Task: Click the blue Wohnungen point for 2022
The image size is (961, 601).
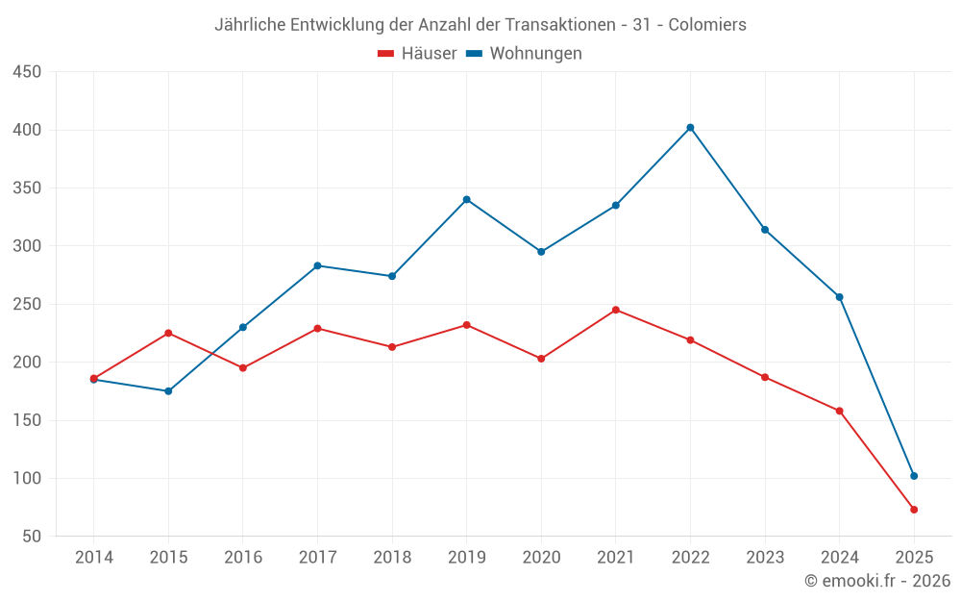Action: (x=690, y=127)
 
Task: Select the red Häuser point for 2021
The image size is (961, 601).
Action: (x=616, y=310)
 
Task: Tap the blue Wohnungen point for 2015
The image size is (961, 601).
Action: (x=168, y=391)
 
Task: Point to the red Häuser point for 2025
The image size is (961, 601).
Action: (x=914, y=510)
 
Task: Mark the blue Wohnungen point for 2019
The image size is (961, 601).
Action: (x=467, y=199)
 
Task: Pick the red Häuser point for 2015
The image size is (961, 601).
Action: (x=168, y=333)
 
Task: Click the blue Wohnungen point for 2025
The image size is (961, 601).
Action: (x=914, y=476)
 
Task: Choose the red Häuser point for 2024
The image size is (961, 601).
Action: (x=840, y=411)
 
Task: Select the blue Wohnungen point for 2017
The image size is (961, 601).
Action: (x=317, y=265)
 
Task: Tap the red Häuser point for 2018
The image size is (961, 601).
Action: (x=392, y=347)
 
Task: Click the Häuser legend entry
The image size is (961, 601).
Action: (x=417, y=54)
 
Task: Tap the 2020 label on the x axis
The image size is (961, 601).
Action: (x=541, y=558)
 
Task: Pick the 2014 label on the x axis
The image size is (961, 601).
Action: (x=93, y=558)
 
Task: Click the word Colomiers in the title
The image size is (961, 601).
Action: (x=707, y=25)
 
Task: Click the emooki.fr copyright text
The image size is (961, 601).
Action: (x=877, y=581)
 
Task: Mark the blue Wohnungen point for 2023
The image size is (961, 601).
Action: (x=765, y=230)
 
